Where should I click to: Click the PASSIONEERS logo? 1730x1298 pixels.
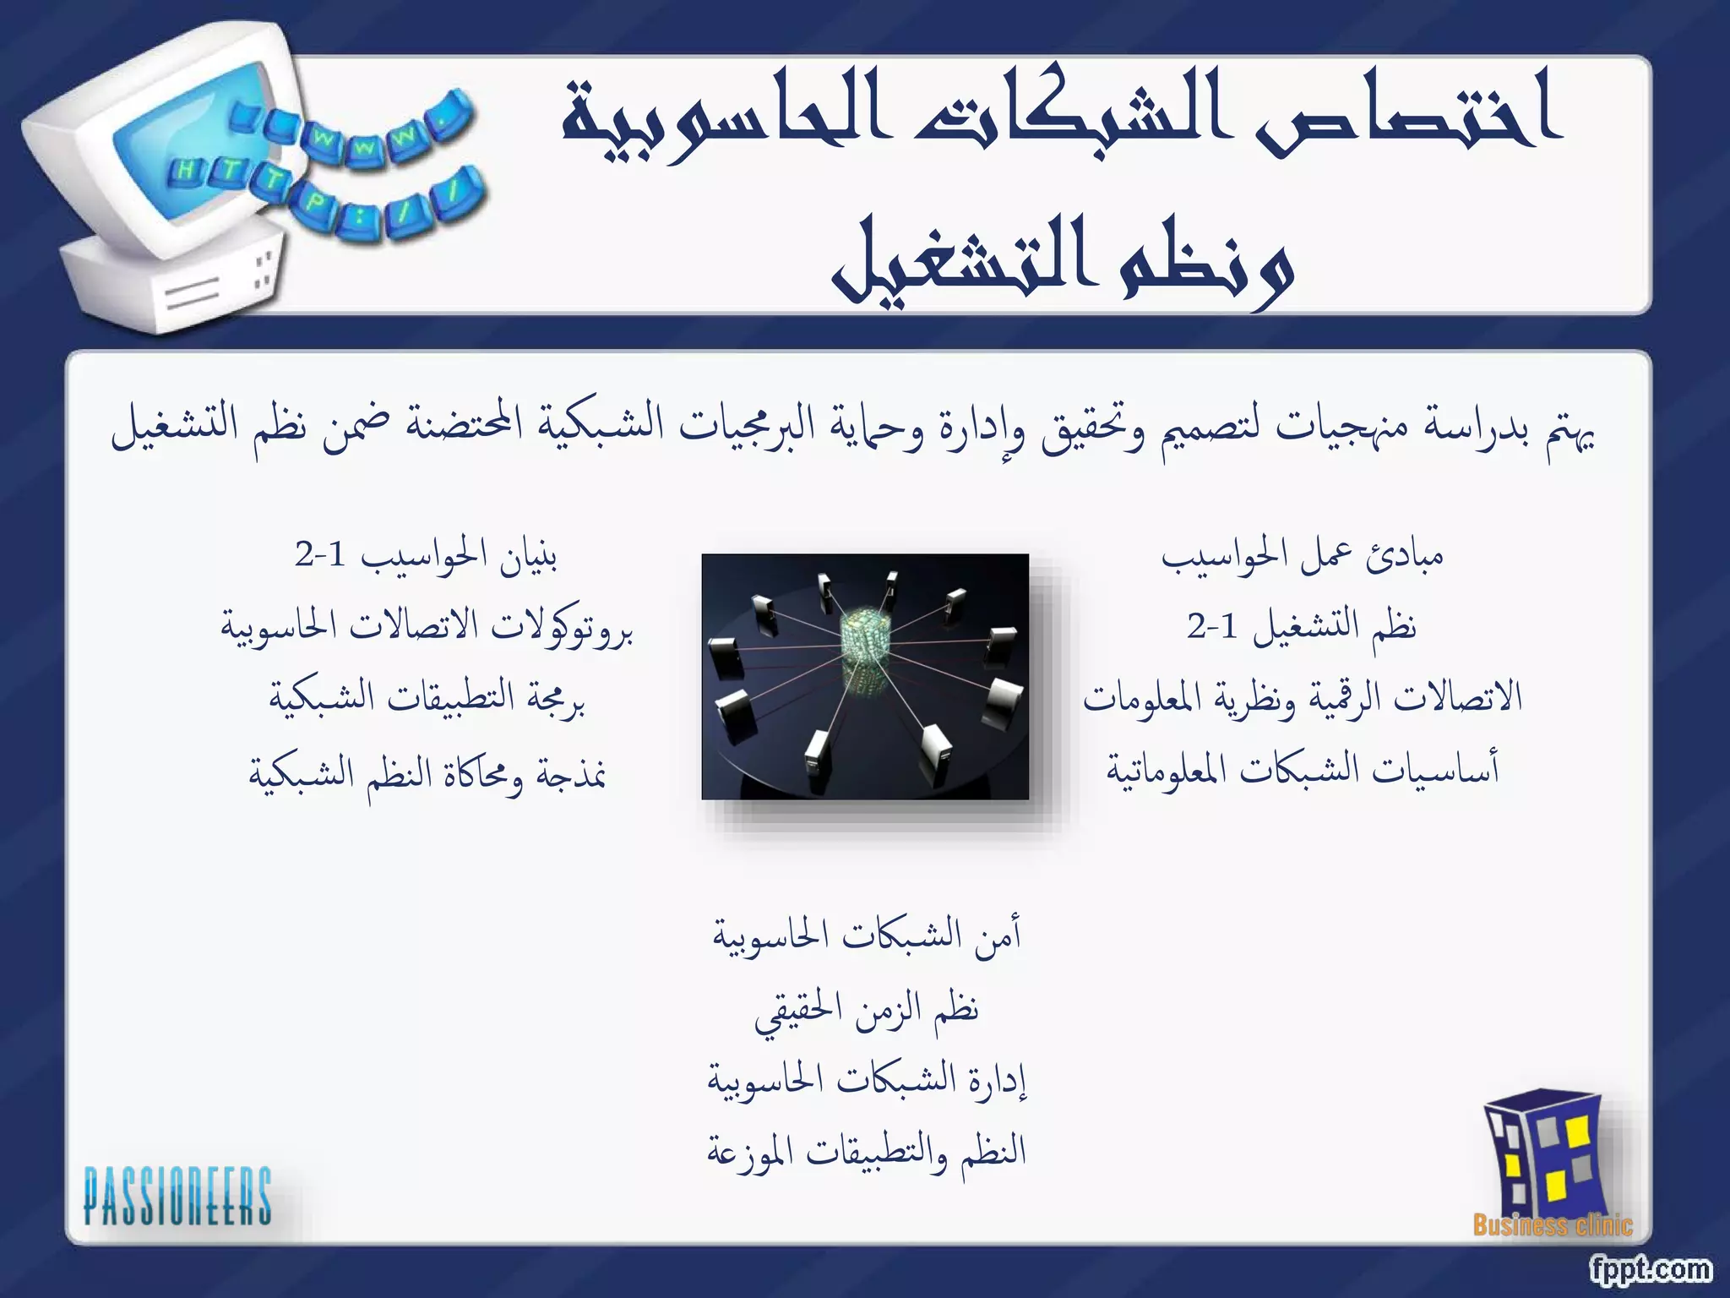tap(177, 1195)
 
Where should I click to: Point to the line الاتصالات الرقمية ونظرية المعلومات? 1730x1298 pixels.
tap(1302, 698)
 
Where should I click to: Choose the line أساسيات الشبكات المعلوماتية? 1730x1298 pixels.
tap(1302, 769)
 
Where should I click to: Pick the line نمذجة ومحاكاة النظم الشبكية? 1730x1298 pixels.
tap(427, 772)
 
